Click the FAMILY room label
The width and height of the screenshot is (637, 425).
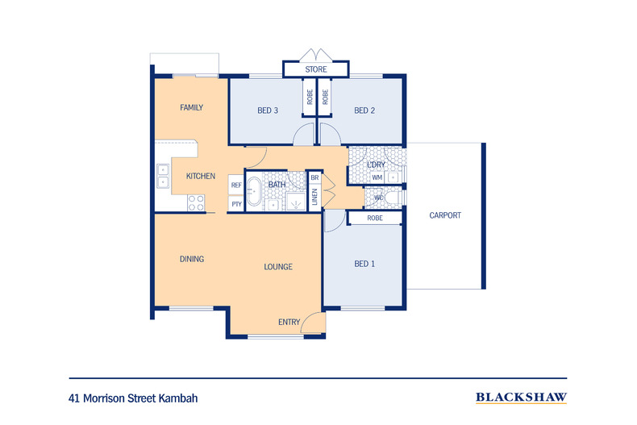point(191,107)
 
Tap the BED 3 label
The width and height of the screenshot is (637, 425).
point(268,110)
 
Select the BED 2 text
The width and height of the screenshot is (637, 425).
point(364,110)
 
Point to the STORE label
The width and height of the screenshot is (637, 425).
point(316,70)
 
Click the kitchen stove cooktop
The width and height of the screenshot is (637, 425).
point(195,202)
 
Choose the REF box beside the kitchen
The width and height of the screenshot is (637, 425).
point(236,185)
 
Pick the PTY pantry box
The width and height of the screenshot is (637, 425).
point(236,204)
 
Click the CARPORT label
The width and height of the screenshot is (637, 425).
point(445,215)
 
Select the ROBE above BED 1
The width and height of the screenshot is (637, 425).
point(375,219)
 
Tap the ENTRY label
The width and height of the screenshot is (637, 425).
point(289,323)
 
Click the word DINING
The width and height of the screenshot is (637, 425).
point(191,259)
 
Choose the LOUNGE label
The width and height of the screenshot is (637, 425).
point(277,267)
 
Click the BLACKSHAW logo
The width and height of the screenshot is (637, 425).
point(521,397)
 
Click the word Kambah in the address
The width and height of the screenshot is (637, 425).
point(177,398)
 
